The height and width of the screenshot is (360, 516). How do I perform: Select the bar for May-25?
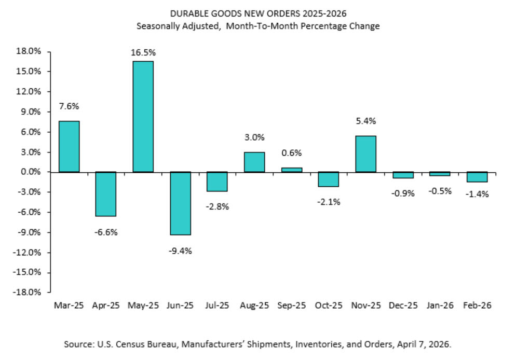pyautogui.click(x=143, y=117)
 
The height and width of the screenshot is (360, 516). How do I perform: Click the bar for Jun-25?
pyautogui.click(x=180, y=203)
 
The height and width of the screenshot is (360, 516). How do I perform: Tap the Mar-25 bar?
pyautogui.click(x=69, y=146)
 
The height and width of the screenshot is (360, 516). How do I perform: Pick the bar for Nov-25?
pyautogui.click(x=365, y=154)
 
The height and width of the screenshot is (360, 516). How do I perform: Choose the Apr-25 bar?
pyautogui.click(x=106, y=194)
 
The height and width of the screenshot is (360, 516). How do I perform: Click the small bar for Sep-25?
pyautogui.click(x=292, y=170)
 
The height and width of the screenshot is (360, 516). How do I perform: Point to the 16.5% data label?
pyautogui.click(x=144, y=52)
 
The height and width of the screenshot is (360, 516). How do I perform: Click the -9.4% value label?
pyautogui.click(x=180, y=251)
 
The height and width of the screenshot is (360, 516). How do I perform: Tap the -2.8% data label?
pyautogui.click(x=218, y=206)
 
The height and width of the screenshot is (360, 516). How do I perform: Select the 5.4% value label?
pyautogui.click(x=366, y=121)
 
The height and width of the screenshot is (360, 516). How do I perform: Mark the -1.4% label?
pyautogui.click(x=477, y=195)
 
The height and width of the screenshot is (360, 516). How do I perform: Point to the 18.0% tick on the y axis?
pyautogui.click(x=30, y=51)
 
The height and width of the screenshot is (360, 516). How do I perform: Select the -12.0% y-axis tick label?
pyautogui.click(x=29, y=253)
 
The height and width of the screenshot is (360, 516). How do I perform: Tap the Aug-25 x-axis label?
pyautogui.click(x=254, y=306)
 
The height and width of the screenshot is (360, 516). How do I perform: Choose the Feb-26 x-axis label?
pyautogui.click(x=477, y=306)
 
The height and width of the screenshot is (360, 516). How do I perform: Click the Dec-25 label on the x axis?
pyautogui.click(x=403, y=306)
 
